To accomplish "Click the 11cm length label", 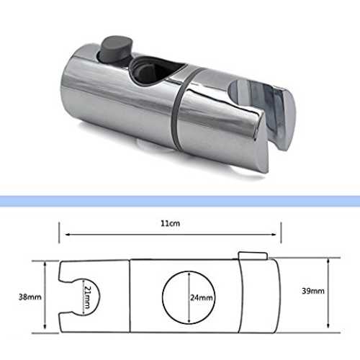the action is [x=170, y=223].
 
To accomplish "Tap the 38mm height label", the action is [x=30, y=297].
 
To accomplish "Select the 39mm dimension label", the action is [x=313, y=291].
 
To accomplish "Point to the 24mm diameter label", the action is [x=202, y=298].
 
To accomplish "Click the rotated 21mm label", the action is [x=86, y=297].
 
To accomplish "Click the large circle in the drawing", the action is [x=162, y=297].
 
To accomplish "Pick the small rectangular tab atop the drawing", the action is [x=253, y=256].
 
